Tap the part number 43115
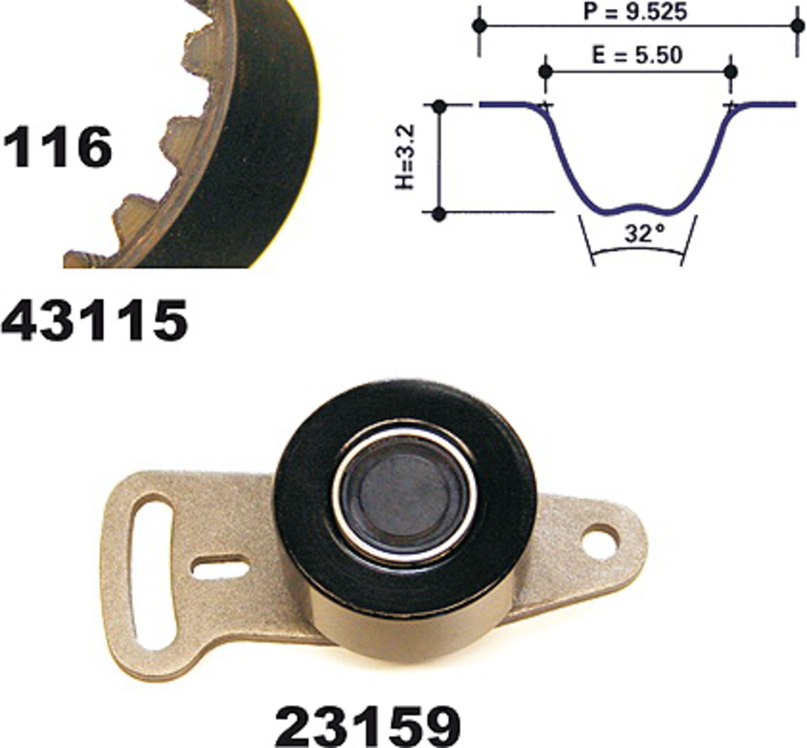95,321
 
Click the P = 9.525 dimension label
635,12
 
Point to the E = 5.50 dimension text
637,55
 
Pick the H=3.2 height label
405,157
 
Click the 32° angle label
645,234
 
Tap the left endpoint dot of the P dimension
480,26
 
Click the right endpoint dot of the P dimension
798,26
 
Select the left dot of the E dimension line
546,72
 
